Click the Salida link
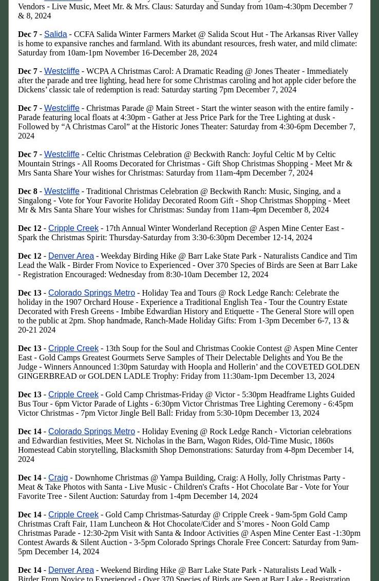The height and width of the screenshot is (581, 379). coord(55,34)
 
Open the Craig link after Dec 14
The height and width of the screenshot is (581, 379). coord(58,478)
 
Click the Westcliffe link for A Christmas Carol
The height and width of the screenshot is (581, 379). coord(62,71)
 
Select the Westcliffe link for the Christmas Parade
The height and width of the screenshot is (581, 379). coord(62,108)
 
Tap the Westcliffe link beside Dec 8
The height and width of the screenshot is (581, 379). coord(62,191)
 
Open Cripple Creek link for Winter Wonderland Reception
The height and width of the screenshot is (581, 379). coord(73,228)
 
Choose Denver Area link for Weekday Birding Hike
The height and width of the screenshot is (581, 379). coord(71,256)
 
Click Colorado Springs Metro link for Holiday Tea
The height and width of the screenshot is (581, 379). coord(91,293)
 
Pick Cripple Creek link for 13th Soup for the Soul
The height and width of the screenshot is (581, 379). coord(73,348)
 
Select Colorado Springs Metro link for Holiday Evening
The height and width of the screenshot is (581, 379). coord(91,432)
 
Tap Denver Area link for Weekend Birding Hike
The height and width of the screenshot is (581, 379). coord(71,570)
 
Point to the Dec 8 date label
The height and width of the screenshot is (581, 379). coord(28,191)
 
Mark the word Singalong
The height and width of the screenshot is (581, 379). coord(34,201)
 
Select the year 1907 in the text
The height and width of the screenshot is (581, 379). coord(75,302)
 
